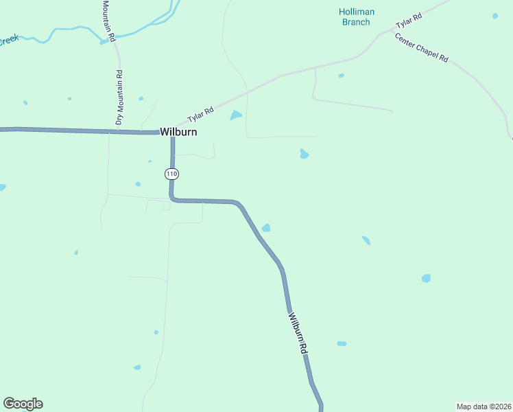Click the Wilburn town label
tap(178, 132)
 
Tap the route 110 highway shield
tap(171, 174)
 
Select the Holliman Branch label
tap(355, 16)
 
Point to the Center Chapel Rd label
tap(421, 48)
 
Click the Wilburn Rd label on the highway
tap(297, 334)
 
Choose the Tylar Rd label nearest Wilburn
tap(201, 113)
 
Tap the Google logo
tap(23, 404)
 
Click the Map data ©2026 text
tap(484, 406)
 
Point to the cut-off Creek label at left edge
tap(8, 41)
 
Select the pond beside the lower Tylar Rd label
tap(236, 115)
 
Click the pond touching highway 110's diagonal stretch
tap(265, 227)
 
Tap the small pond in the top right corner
tap(495, 15)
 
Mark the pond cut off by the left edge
tap(2, 187)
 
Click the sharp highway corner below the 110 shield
tap(172, 199)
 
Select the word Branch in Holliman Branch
tap(355, 22)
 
